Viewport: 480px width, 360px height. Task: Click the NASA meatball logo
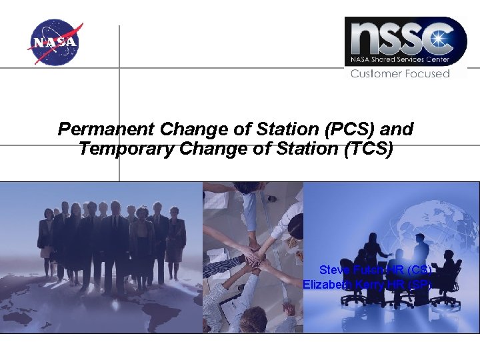[x=55, y=43]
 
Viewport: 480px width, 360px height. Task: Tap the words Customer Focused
[x=400, y=73]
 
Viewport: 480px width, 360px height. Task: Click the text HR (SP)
[x=414, y=285]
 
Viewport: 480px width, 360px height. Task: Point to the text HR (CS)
[x=414, y=270]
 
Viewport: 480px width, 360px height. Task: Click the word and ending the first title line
[x=397, y=128]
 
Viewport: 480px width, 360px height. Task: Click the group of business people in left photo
[x=110, y=237]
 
